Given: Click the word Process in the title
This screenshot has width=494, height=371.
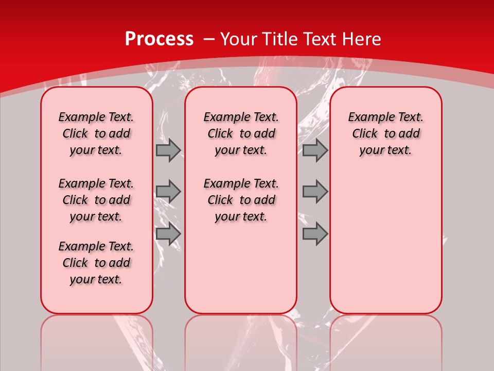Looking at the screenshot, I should click(x=159, y=39).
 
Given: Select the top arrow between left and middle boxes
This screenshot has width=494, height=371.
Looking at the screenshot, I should click(x=168, y=150).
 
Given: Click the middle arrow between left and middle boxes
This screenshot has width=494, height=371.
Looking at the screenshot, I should click(x=168, y=192).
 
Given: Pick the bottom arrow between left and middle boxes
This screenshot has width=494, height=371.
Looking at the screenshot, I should click(x=168, y=234).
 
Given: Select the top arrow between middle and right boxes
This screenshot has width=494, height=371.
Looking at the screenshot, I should click(x=315, y=150).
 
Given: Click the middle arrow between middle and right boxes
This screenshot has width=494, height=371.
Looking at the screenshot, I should click(x=315, y=192).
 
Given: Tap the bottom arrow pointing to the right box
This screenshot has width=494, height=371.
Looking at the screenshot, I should click(x=315, y=234).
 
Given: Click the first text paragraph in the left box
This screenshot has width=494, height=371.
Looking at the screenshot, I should click(x=96, y=133).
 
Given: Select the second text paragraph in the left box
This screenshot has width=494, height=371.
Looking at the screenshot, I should click(x=96, y=200).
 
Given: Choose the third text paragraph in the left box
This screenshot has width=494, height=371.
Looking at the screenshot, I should click(x=96, y=263).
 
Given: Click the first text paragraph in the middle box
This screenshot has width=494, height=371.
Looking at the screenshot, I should click(x=241, y=133).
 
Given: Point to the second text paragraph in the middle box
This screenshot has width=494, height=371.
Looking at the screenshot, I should click(x=241, y=200).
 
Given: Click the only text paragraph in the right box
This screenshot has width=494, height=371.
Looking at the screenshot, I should click(x=386, y=133).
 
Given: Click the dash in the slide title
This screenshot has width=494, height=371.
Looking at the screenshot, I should click(x=209, y=39).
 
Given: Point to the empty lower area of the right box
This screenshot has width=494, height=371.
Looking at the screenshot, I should click(x=386, y=242).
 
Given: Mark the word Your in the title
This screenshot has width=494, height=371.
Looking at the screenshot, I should click(x=238, y=39).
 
